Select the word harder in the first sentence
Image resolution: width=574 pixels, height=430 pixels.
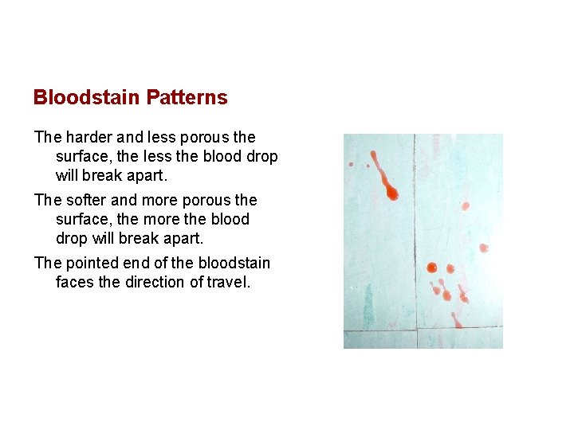coord(87,137)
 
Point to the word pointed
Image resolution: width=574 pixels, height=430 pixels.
coord(92,263)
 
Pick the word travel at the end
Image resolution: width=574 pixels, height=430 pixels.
coord(227,282)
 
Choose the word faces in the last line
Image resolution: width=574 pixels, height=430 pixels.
coord(76,282)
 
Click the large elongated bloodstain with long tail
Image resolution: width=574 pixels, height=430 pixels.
coord(386,179)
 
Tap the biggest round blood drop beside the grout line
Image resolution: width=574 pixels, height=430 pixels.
coord(431,268)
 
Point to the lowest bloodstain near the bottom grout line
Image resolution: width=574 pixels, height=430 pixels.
coord(457,320)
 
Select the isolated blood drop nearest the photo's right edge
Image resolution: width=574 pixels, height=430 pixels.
coord(483,248)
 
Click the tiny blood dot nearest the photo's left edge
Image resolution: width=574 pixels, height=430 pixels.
coord(351,164)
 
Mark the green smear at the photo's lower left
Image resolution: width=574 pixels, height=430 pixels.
coord(368,306)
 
